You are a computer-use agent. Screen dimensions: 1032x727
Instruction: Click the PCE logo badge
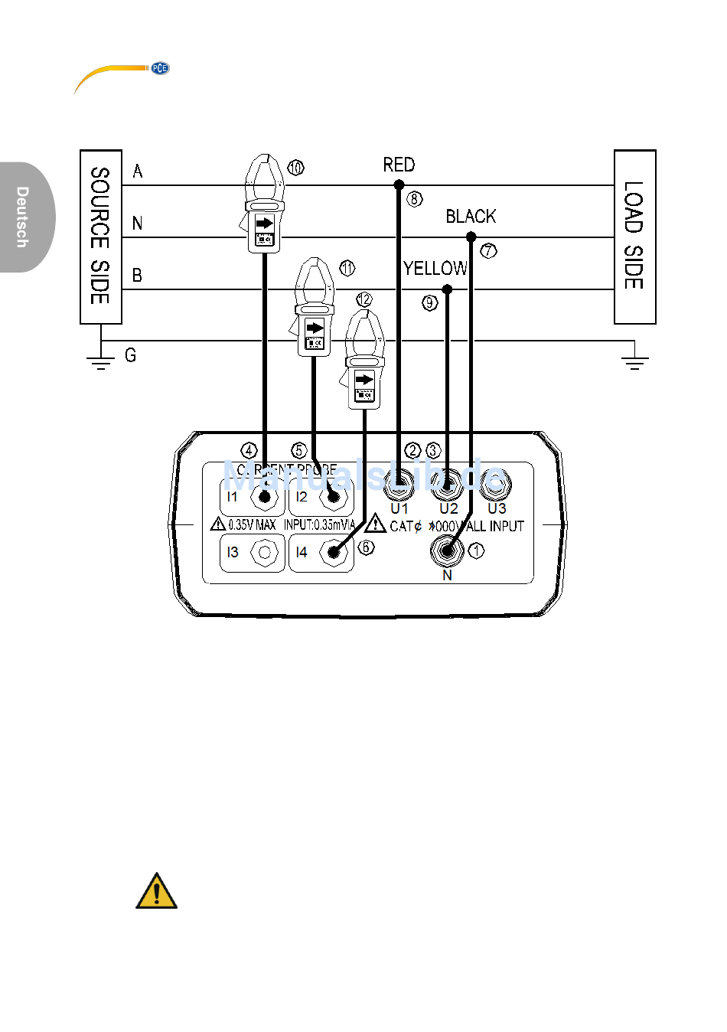159,68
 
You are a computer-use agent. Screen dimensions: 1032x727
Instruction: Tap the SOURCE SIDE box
101,237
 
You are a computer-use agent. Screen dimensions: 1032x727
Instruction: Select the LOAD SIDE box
634,237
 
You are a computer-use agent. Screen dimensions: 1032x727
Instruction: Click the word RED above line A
399,165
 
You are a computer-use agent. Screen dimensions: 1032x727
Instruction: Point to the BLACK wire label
471,217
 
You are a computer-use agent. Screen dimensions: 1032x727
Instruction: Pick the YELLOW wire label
435,269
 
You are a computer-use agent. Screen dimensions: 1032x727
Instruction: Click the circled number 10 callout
295,167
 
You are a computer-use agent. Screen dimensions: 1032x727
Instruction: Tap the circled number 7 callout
488,250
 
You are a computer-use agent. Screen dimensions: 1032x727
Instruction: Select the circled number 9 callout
429,302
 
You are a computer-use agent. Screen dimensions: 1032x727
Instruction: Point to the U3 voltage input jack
495,482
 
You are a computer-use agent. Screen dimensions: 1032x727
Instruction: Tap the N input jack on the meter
447,550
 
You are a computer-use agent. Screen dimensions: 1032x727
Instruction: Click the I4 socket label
302,552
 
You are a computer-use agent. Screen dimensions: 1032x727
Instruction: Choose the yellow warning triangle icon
156,891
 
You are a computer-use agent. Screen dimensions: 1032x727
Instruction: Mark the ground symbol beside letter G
100,360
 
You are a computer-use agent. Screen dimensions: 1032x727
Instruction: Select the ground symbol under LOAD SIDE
634,360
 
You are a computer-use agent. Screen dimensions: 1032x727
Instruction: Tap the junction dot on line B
447,289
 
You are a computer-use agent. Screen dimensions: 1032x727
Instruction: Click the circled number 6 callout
367,547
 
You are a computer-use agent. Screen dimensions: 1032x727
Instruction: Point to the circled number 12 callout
363,299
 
